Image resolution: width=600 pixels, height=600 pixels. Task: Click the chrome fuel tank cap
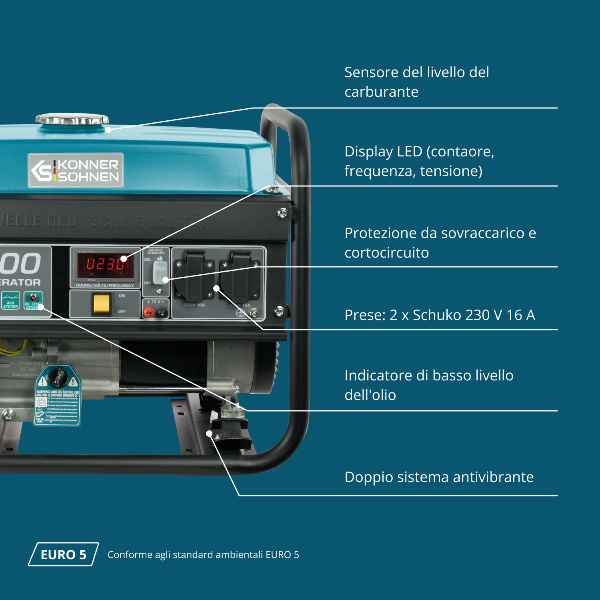(x=72, y=119)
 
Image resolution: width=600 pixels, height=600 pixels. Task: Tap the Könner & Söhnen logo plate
(x=76, y=170)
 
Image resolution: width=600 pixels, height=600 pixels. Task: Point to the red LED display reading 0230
(x=105, y=264)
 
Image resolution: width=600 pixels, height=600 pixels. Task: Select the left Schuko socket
(x=194, y=276)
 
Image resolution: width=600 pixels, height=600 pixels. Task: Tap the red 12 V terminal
(x=149, y=312)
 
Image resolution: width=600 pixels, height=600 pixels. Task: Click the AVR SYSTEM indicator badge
(x=11, y=300)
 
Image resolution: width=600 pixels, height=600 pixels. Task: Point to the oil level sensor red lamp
(x=33, y=298)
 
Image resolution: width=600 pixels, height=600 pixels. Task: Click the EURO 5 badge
(x=63, y=554)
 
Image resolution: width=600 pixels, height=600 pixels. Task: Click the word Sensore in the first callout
(x=371, y=72)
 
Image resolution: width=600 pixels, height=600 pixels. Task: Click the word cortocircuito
(x=386, y=253)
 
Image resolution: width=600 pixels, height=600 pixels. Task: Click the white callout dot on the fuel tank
(x=108, y=130)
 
